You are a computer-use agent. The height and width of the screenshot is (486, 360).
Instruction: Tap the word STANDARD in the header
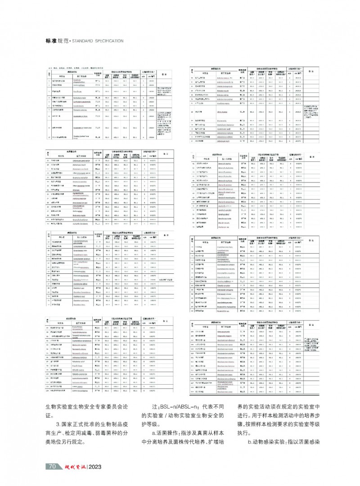pos(84,41)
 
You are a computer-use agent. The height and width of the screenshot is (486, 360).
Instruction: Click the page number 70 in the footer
pos(52,466)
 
